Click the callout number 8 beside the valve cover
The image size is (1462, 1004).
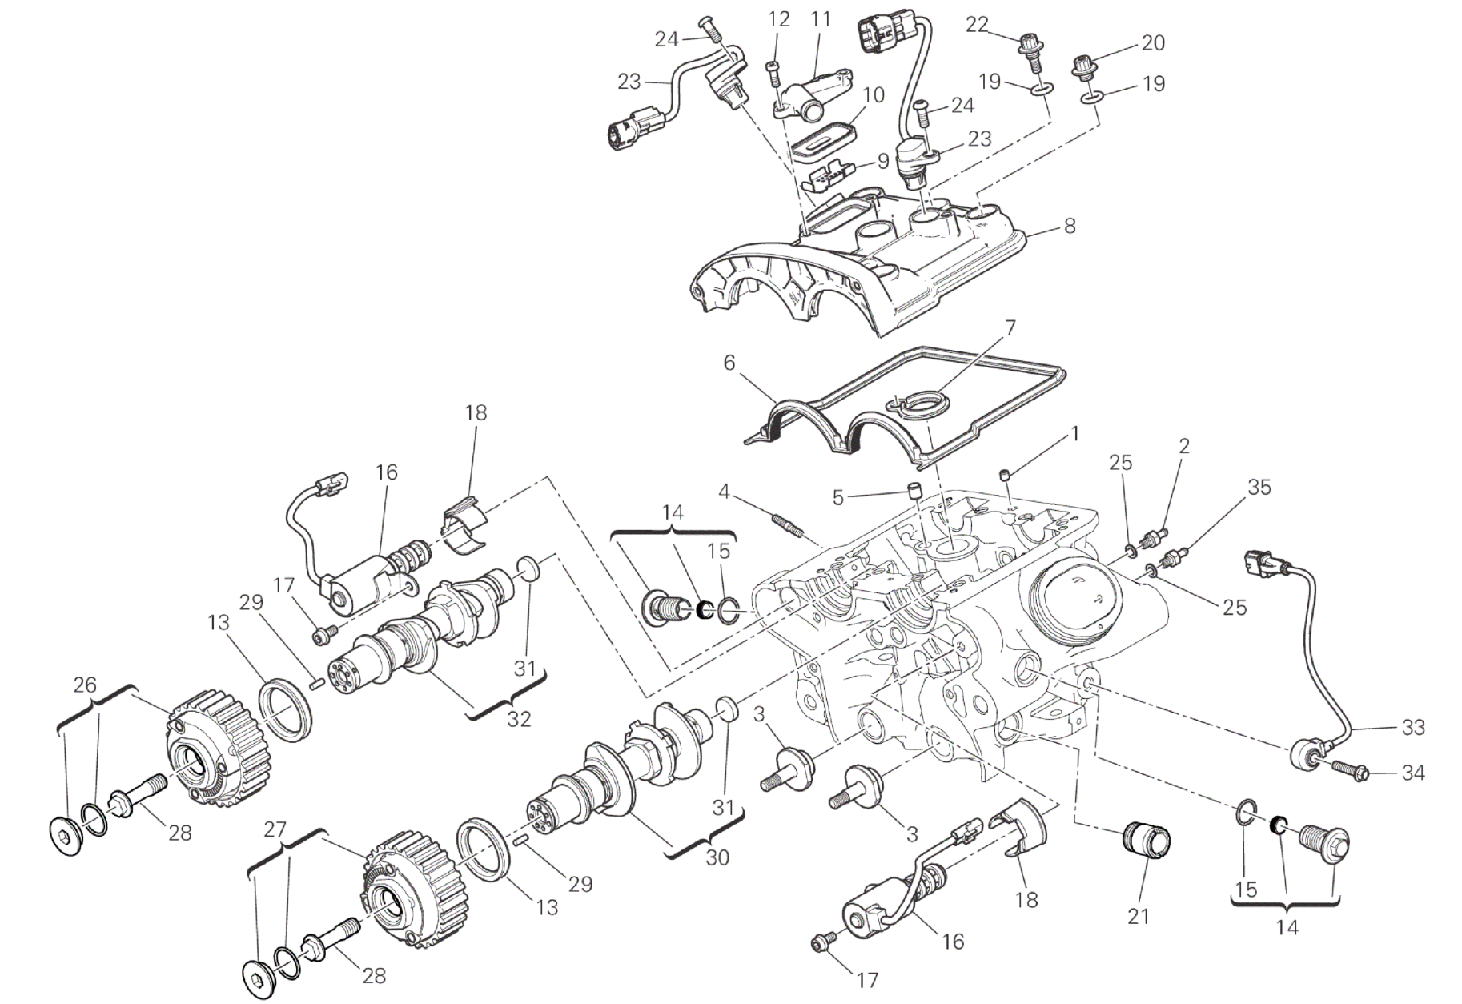1069,226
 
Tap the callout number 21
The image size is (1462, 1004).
1138,916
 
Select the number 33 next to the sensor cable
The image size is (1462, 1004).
1412,727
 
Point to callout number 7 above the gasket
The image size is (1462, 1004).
1010,327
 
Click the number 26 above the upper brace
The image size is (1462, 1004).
85,685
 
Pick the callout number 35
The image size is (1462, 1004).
1259,487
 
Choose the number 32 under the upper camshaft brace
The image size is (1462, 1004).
519,718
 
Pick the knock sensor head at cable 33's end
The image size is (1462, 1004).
1304,754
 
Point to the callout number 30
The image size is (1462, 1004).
717,857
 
